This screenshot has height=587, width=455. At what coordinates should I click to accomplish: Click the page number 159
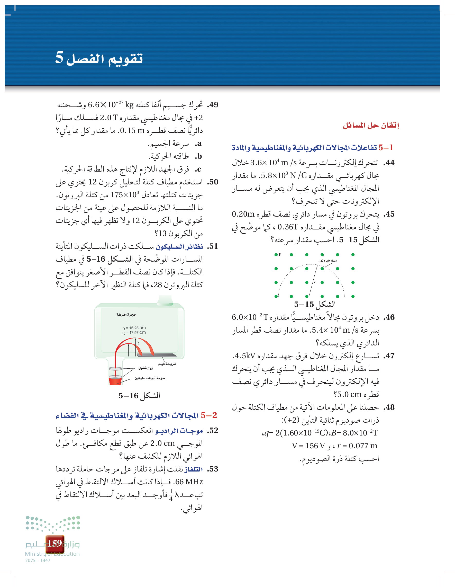(x=55, y=543)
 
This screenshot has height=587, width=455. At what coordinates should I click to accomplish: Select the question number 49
(x=213, y=105)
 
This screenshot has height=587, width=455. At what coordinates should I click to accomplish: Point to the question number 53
(x=213, y=469)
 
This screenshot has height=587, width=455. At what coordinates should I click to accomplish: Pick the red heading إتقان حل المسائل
(x=371, y=126)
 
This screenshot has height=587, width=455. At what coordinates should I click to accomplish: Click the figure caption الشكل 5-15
(x=315, y=304)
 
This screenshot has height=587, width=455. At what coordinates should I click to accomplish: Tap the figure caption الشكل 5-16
(x=139, y=395)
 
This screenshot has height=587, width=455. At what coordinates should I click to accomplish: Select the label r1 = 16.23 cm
(x=134, y=328)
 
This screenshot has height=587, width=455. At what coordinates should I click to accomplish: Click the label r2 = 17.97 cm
(x=134, y=333)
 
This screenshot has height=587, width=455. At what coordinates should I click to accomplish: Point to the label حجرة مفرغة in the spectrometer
(x=126, y=314)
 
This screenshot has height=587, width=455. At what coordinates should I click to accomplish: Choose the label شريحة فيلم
(x=167, y=364)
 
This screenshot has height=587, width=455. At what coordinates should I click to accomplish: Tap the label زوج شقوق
(x=145, y=368)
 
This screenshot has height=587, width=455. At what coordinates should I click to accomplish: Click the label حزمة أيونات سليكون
(x=150, y=378)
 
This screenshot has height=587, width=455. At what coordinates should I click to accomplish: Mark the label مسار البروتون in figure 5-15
(x=327, y=261)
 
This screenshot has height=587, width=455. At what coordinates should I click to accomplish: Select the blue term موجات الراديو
(x=179, y=431)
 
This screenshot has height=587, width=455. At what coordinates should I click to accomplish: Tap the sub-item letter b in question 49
(x=198, y=156)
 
